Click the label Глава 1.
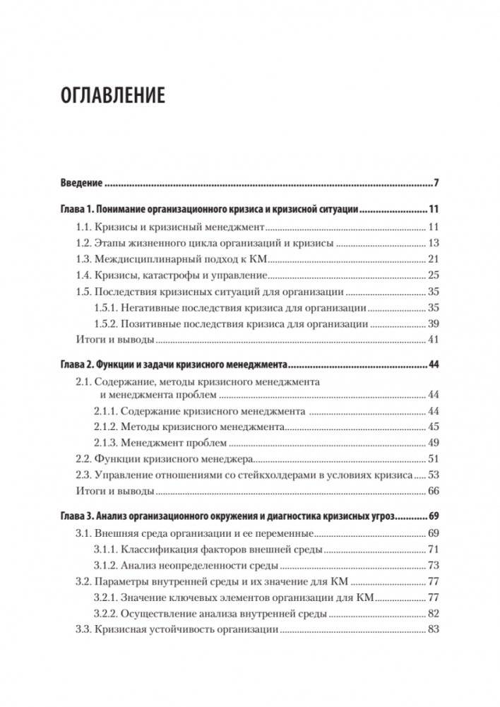pyautogui.click(x=75, y=210)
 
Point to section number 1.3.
pyautogui.click(x=83, y=259)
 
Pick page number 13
pyautogui.click(x=434, y=243)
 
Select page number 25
pyautogui.click(x=434, y=275)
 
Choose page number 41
pyautogui.click(x=434, y=340)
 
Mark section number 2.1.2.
pyautogui.click(x=105, y=427)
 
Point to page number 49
pyautogui.click(x=434, y=443)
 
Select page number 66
pyautogui.click(x=434, y=491)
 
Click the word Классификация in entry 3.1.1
pyautogui.click(x=156, y=549)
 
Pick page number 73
pyautogui.click(x=434, y=565)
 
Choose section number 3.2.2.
pyautogui.click(x=105, y=614)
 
